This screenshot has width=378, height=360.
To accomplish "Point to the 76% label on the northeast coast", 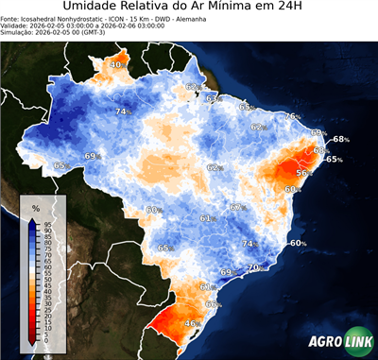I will pos(292,116).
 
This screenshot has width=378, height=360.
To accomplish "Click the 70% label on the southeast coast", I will pos(253,268).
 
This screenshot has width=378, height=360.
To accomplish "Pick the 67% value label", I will pos(236,208).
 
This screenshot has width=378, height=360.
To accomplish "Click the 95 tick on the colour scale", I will pos(46,223).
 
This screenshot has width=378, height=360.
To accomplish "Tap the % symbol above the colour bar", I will pos(35,207).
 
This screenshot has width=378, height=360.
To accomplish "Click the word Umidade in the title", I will pos(92,9).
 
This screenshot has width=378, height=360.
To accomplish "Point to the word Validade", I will pos(17,26).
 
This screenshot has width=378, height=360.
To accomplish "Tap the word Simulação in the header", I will pos(20,33).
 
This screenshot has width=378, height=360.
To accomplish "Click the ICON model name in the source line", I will pos(107,18).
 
